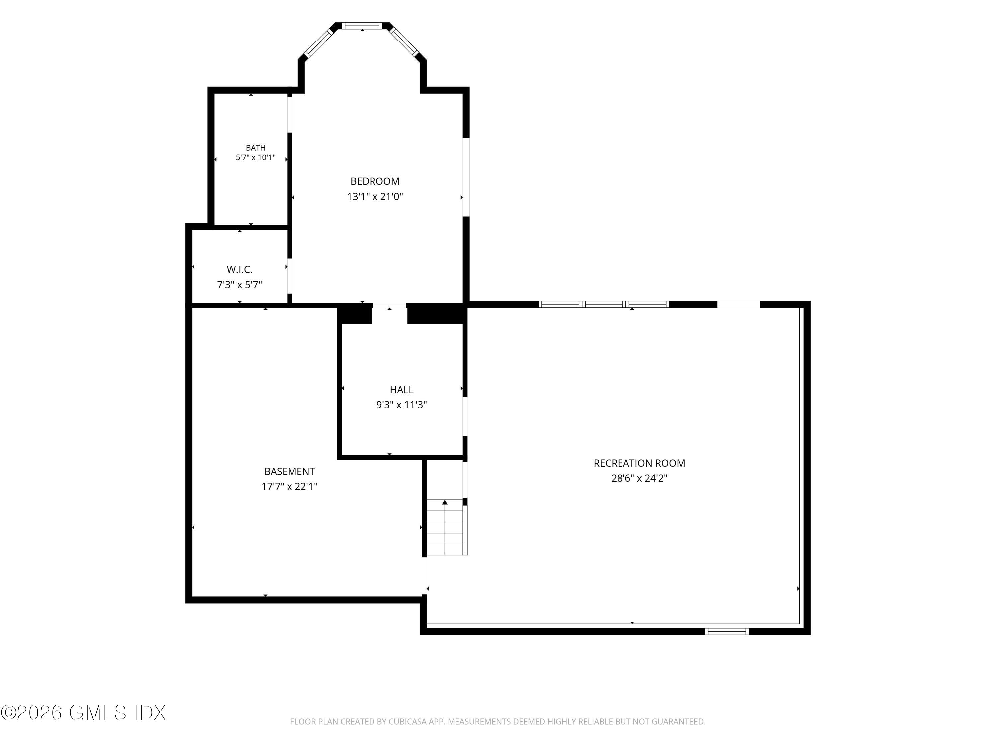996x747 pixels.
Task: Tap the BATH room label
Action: [x=255, y=148]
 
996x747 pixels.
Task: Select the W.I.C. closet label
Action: [x=240, y=269]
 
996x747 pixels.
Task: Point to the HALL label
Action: [x=401, y=389]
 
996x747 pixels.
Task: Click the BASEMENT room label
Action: [x=289, y=471]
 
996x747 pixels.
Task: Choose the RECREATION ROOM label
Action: [x=639, y=463]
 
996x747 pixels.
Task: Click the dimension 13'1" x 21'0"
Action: [x=374, y=196]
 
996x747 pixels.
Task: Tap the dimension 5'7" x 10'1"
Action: [x=255, y=158]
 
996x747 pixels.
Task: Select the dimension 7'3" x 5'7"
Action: [x=240, y=285]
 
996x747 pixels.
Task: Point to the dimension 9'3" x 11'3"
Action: [x=401, y=405]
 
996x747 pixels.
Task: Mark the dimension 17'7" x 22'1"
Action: [x=289, y=487]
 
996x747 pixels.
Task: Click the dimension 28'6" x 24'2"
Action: [x=639, y=478]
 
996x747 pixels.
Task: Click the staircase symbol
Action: [x=446, y=527]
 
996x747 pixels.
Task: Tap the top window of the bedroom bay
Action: [x=362, y=26]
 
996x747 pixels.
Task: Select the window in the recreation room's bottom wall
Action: [x=727, y=631]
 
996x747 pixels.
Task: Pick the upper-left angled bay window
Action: [x=318, y=43]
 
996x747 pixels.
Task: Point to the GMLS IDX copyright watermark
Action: [x=83, y=713]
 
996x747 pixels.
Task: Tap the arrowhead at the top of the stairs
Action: [x=445, y=502]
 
